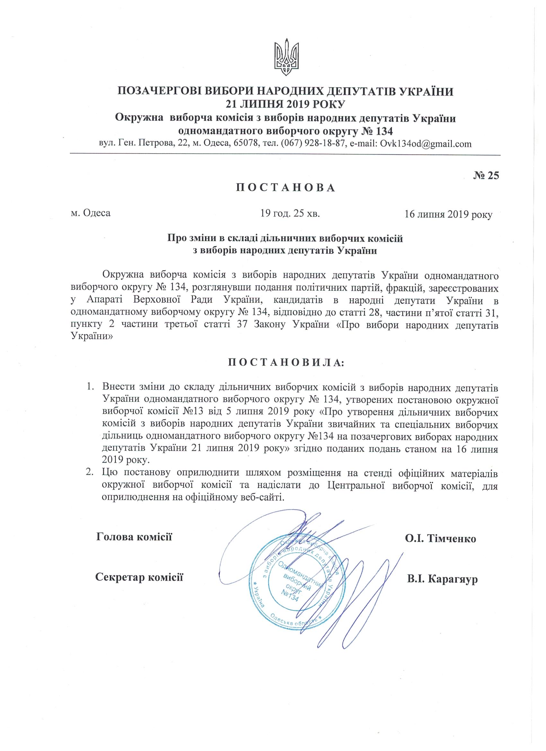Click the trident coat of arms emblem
pyautogui.click(x=286, y=59)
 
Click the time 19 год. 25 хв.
pyautogui.click(x=290, y=213)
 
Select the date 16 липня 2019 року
pyautogui.click(x=448, y=215)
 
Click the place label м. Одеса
pyautogui.click(x=91, y=213)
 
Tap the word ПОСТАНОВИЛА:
pyautogui.click(x=286, y=363)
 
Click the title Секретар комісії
pyautogui.click(x=139, y=577)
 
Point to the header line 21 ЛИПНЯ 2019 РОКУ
pyautogui.click(x=285, y=104)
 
